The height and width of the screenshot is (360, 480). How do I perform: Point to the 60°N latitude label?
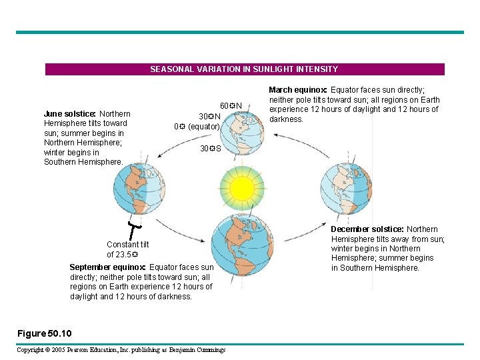(231, 105)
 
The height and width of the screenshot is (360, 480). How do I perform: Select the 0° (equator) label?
(197, 126)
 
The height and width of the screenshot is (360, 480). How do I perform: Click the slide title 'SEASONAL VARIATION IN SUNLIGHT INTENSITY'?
(244, 69)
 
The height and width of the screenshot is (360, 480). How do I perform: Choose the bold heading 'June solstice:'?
(70, 114)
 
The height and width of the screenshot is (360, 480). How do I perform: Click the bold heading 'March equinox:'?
(297, 90)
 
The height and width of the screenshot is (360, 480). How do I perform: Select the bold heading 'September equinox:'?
(109, 267)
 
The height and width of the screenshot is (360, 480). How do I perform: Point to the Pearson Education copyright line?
(121, 349)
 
